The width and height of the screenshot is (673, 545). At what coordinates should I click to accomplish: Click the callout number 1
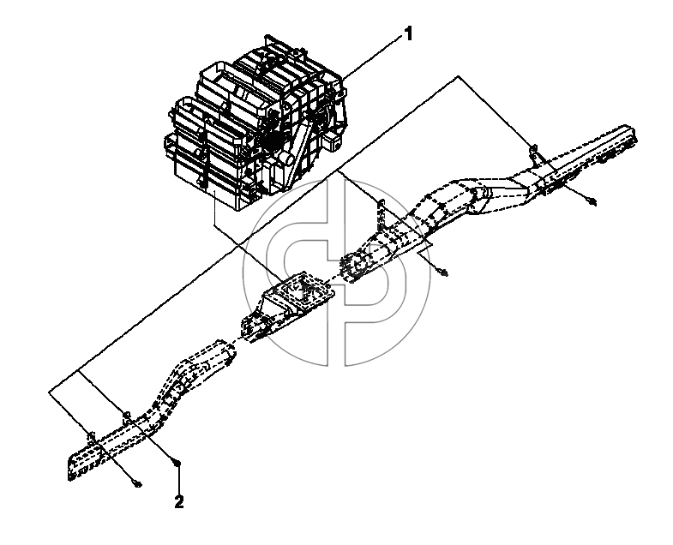[x=408, y=33]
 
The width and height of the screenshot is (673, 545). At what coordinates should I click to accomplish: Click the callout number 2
[x=179, y=501]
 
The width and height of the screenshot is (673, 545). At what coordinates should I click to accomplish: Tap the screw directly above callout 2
[x=177, y=463]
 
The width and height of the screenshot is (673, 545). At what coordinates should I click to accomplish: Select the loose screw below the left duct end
[x=137, y=484]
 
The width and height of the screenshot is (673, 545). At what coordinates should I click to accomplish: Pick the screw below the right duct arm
[x=592, y=201]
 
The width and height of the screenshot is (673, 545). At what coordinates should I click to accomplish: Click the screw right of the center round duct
[x=443, y=272]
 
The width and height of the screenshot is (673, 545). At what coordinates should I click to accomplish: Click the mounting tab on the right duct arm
[x=535, y=153]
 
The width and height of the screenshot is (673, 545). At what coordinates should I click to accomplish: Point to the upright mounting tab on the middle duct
[x=381, y=213]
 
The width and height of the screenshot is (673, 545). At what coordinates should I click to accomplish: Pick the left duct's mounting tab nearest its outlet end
[x=91, y=437]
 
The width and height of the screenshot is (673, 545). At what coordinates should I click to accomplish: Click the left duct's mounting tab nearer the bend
[x=126, y=416]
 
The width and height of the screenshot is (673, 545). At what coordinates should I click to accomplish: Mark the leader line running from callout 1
[x=371, y=57]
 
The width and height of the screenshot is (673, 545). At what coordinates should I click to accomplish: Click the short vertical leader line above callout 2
[x=177, y=481]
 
